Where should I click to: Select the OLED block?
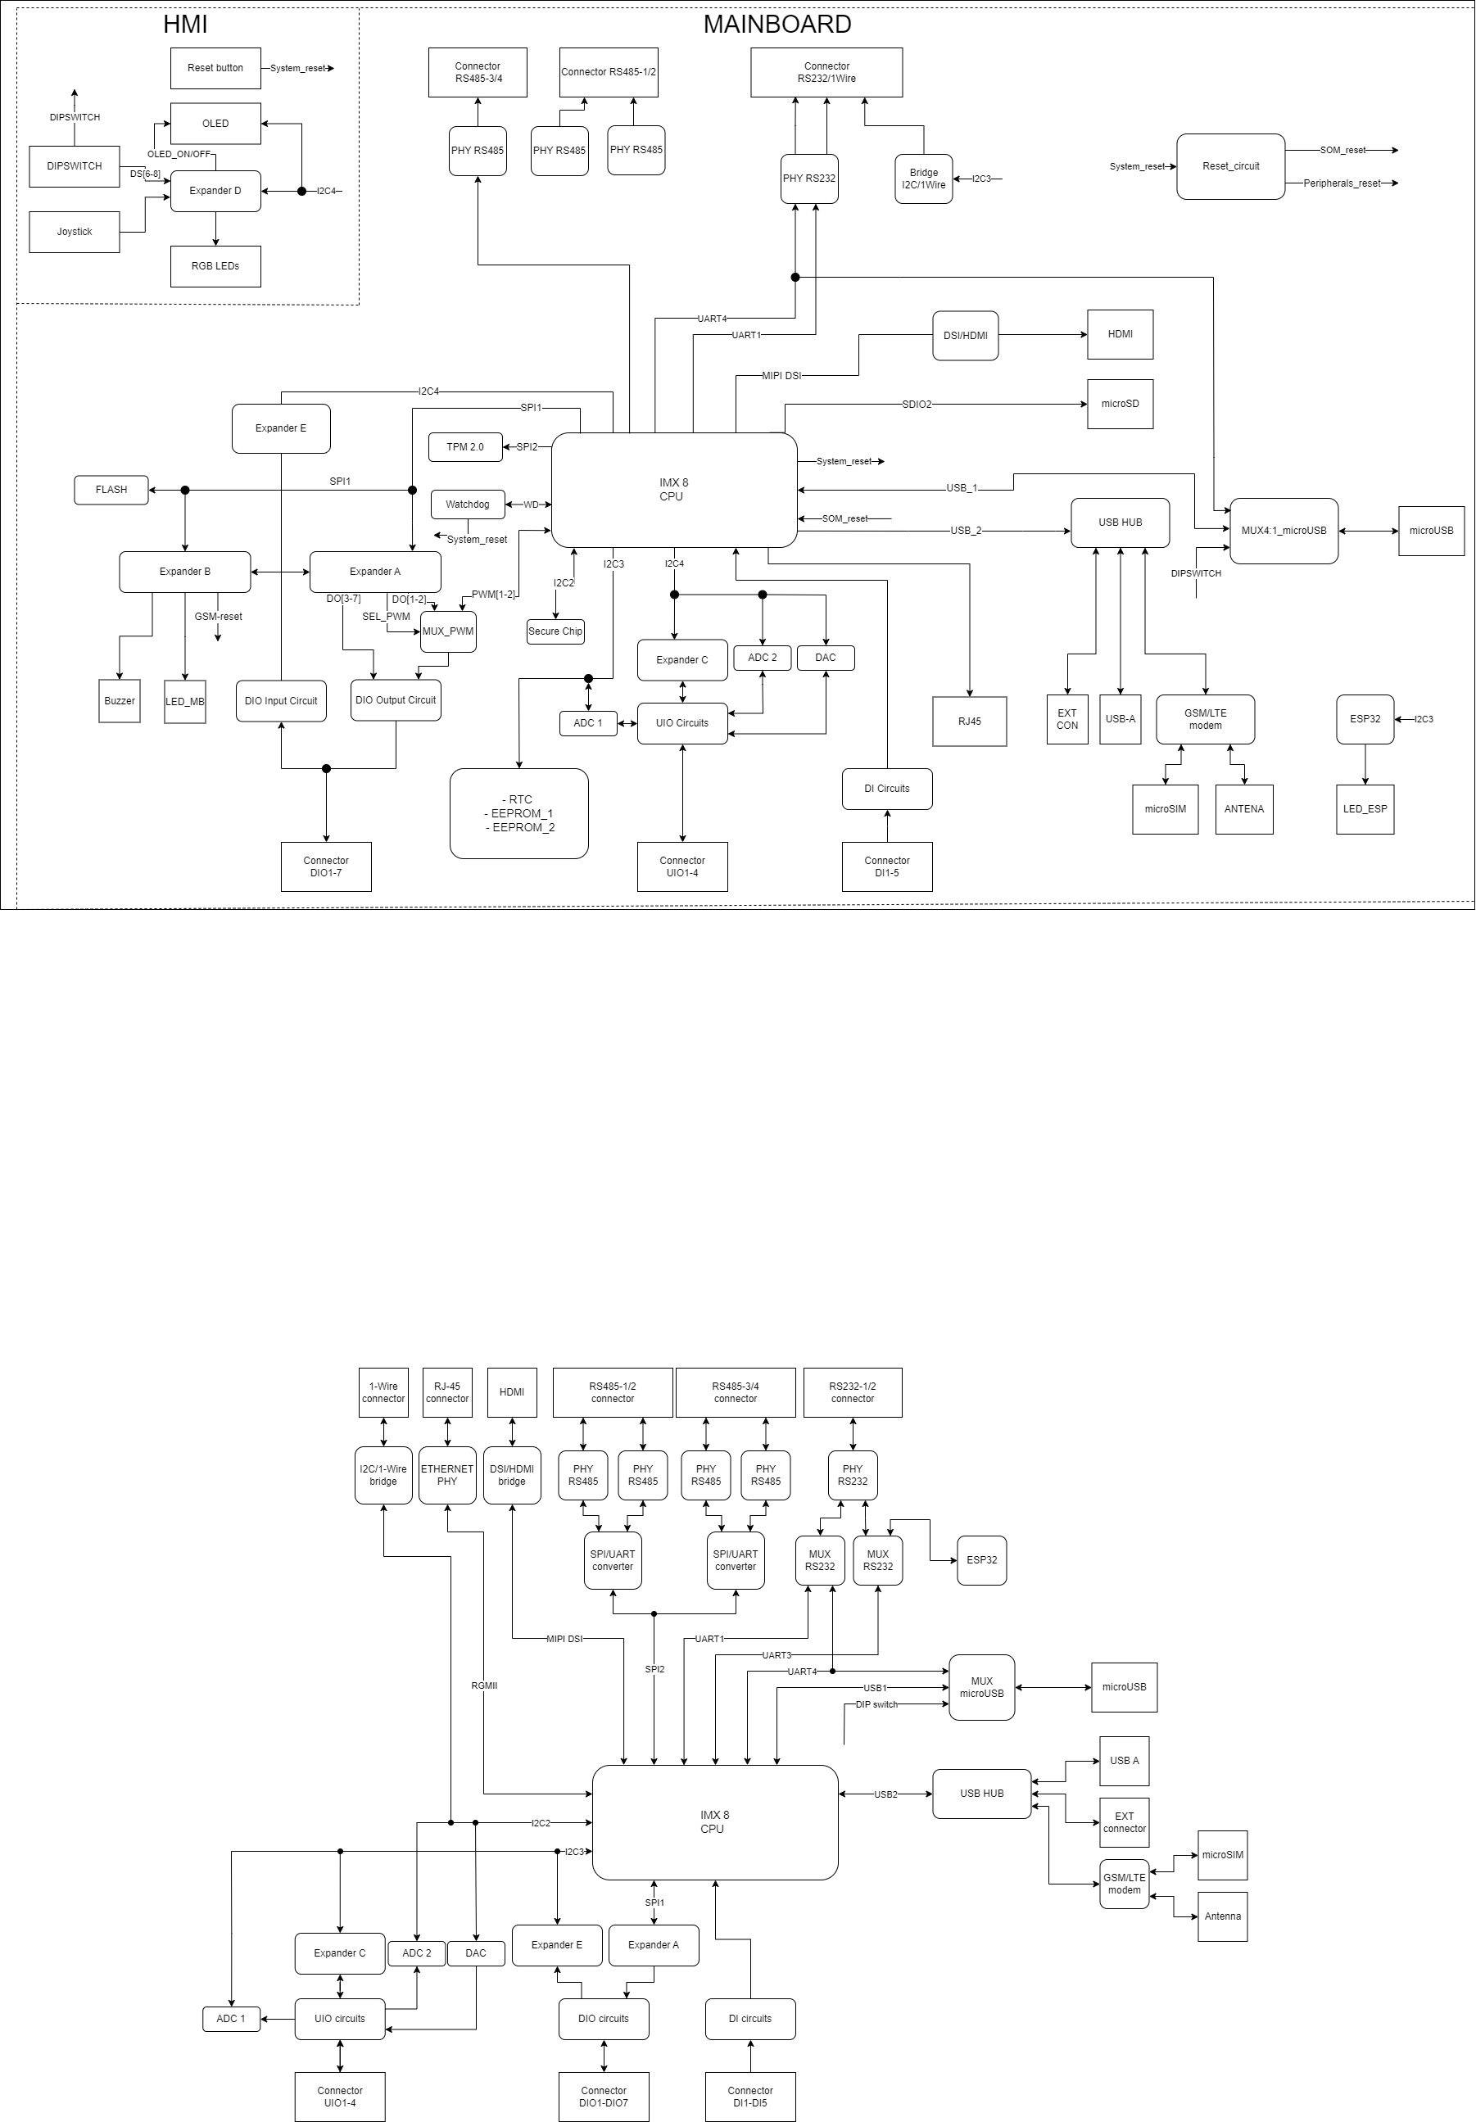(215, 124)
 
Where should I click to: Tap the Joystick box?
(74, 232)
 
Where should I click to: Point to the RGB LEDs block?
(215, 266)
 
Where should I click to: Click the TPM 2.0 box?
(465, 447)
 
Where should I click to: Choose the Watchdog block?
(468, 504)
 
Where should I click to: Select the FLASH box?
(111, 490)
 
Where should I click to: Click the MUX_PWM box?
(448, 632)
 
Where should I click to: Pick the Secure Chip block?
(555, 632)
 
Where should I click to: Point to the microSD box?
(1121, 404)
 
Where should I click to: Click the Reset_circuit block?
(1230, 166)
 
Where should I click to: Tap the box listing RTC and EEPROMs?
(519, 813)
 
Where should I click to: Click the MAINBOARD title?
(777, 25)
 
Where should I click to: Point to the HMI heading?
(185, 25)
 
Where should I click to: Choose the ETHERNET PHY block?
(447, 1475)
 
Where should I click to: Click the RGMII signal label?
(484, 1685)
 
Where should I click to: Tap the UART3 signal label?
(776, 1655)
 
